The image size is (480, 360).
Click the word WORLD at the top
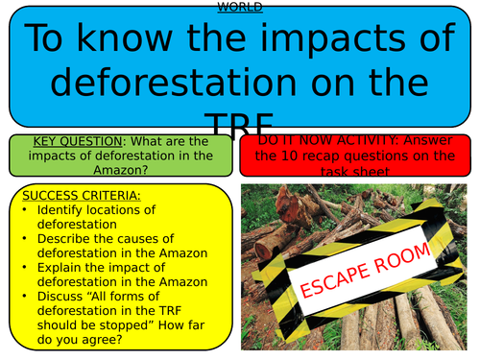pos(239,7)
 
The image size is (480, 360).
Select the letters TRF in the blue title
pos(239,121)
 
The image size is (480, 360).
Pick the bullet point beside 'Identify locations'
pos(24,209)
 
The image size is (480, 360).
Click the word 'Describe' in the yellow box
pos(63,238)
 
